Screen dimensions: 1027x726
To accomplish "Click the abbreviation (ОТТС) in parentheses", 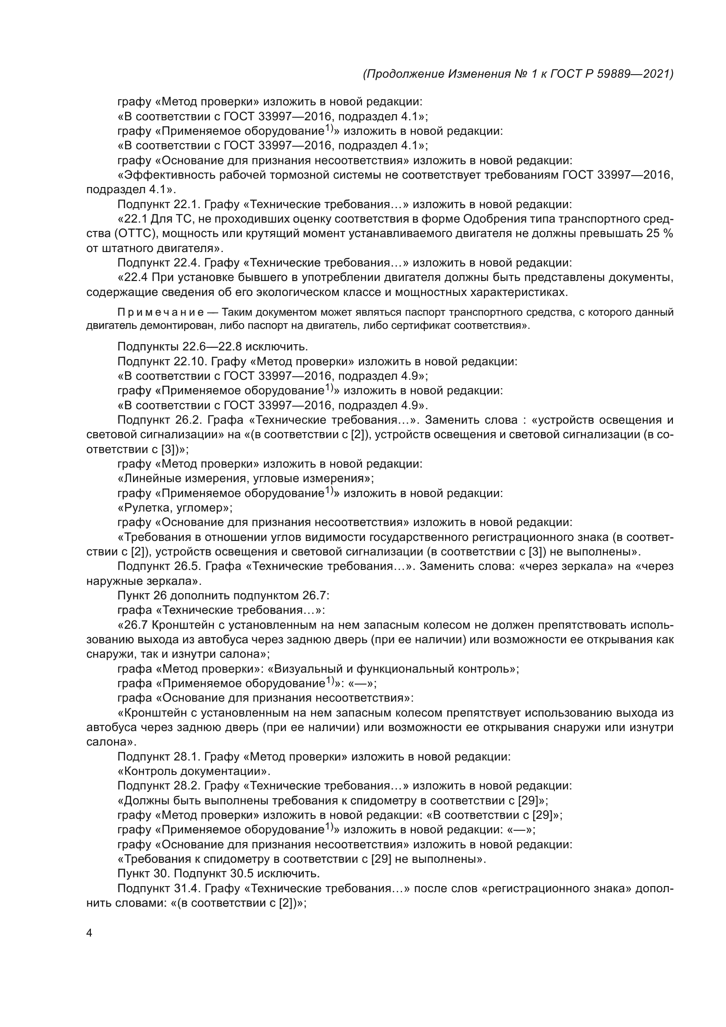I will pyautogui.click(x=138, y=234).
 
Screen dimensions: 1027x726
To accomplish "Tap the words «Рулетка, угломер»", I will pyautogui.click(x=175, y=508).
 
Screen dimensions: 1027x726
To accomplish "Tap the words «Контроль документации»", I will pyautogui.click(x=194, y=771).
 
